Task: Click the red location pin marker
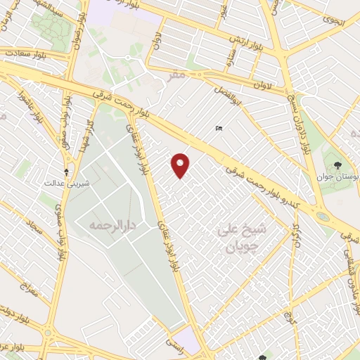coord(181,165)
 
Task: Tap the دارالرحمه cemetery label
coord(111,226)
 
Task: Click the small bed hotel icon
coord(219,128)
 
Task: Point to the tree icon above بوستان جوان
coord(339,165)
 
